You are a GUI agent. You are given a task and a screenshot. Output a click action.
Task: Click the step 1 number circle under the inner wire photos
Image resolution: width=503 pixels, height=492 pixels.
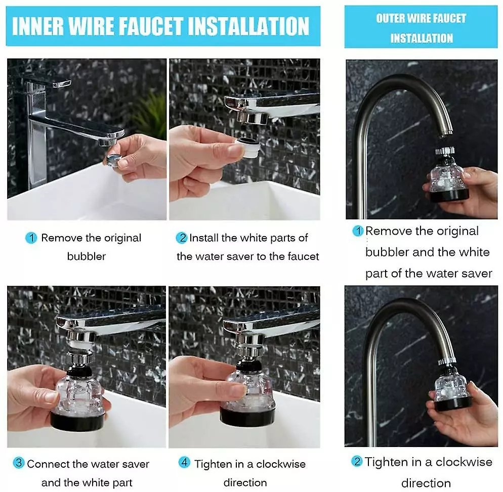click(x=31, y=238)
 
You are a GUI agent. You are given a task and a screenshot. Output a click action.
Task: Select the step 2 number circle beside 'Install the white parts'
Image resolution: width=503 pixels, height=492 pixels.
click(x=182, y=238)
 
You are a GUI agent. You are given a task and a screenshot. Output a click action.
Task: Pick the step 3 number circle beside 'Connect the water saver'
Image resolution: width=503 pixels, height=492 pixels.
click(x=19, y=463)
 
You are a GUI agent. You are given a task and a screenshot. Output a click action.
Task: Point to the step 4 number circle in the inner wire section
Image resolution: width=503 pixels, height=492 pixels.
click(x=184, y=462)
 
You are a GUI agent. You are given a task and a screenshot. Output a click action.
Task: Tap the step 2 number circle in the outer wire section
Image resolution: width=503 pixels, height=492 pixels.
click(x=357, y=461)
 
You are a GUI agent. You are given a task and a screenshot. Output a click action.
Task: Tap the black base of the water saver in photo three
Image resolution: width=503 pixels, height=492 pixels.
click(x=77, y=421)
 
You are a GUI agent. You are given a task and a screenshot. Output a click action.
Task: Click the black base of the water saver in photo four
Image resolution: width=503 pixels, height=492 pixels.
click(x=247, y=416)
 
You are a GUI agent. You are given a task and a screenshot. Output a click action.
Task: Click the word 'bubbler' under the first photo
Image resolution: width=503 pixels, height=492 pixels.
click(x=87, y=256)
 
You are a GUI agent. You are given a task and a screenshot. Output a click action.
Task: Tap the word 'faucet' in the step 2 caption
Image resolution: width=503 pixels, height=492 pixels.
click(x=303, y=256)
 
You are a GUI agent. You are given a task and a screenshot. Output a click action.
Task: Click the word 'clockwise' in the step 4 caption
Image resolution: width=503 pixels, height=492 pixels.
click(x=281, y=464)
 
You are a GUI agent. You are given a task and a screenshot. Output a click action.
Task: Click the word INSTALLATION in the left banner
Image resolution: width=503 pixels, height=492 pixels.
click(x=248, y=26)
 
